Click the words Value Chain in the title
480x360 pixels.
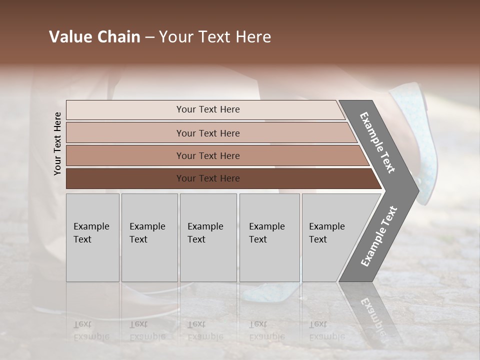coord(94,37)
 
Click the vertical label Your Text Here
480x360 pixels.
coord(57,143)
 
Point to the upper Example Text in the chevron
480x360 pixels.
coord(377,142)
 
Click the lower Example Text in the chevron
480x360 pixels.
coord(378,236)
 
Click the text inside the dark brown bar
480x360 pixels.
coord(208,178)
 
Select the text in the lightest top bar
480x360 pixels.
coord(208,109)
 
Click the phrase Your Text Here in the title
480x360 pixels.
coord(215,37)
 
